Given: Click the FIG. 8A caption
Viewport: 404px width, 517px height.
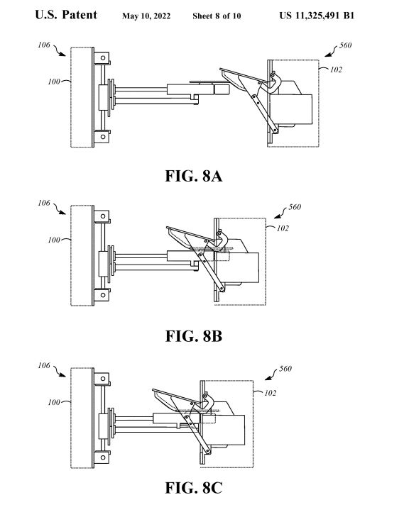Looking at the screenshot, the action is [193, 176].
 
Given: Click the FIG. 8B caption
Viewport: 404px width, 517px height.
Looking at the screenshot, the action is [193, 336].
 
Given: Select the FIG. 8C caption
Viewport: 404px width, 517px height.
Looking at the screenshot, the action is [193, 488].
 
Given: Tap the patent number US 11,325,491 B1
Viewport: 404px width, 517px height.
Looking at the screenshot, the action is [317, 16].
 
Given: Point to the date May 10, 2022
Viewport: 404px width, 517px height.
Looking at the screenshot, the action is [146, 16].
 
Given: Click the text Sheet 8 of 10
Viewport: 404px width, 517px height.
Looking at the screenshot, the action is [217, 16].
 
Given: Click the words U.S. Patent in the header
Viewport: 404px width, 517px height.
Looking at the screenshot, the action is [66, 15].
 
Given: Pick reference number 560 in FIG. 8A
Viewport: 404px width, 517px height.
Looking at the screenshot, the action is [346, 45].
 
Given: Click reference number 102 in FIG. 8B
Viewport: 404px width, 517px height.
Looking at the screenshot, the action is [283, 228].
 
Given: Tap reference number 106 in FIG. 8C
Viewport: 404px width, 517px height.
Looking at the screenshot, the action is [44, 365].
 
